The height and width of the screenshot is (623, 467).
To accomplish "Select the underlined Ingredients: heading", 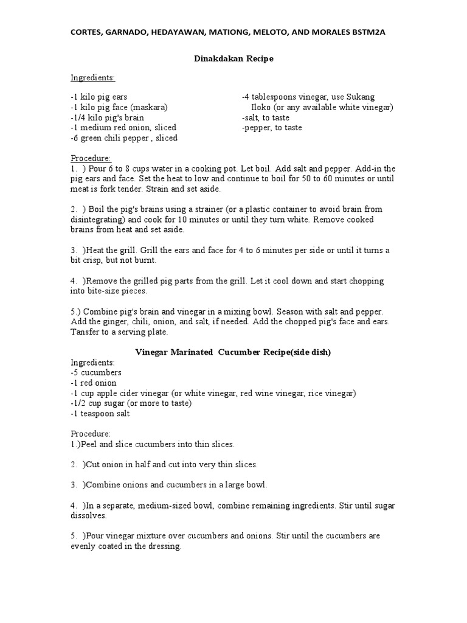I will click(x=92, y=78).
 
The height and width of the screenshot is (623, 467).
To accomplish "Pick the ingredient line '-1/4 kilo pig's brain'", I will click(x=109, y=117).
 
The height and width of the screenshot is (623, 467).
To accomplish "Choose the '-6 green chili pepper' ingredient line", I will click(x=124, y=138).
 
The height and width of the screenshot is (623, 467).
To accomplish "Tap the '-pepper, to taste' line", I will click(x=272, y=128).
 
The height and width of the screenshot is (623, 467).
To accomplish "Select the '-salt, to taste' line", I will click(x=265, y=117).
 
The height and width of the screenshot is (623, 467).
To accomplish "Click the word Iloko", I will click(x=265, y=107).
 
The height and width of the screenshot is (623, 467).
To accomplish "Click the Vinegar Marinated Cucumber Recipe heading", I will click(x=233, y=353).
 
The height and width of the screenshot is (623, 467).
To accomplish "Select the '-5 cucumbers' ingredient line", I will click(x=96, y=372).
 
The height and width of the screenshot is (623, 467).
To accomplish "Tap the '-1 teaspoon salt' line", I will click(x=100, y=414).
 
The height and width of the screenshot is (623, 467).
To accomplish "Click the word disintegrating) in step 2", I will click(x=99, y=220).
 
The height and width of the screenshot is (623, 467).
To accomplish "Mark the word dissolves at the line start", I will click(x=88, y=515).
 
